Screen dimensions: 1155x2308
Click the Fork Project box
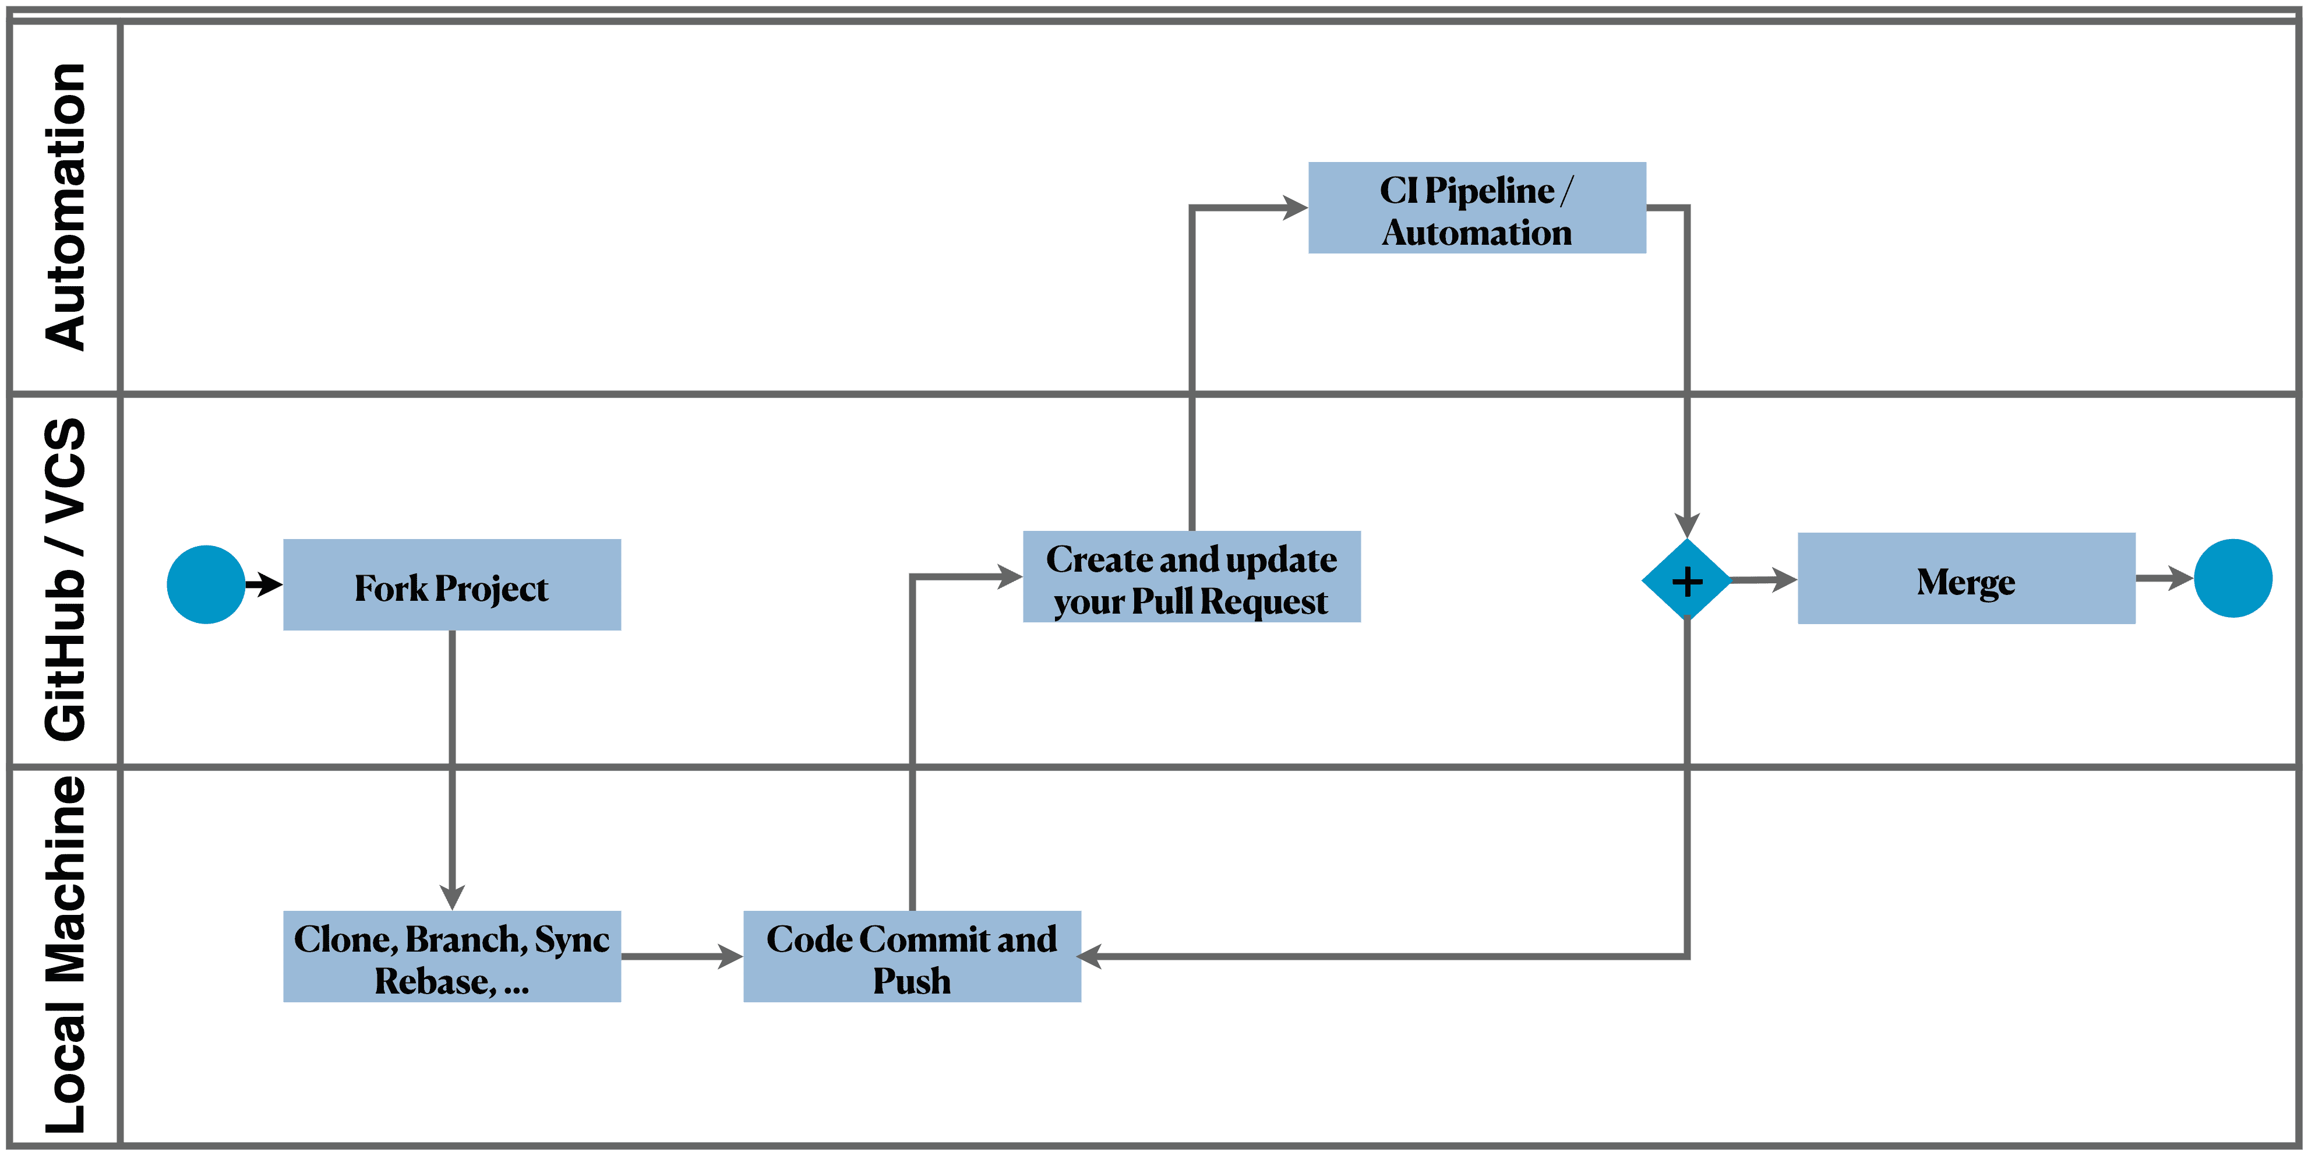[451, 585]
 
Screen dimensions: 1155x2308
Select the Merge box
[1965, 579]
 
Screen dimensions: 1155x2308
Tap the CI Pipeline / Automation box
[1477, 208]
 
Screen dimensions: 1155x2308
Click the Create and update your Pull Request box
[1192, 577]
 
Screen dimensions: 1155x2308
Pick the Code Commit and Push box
[912, 957]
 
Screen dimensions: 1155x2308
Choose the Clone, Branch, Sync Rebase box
[451, 957]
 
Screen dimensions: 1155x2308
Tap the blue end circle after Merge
[2233, 578]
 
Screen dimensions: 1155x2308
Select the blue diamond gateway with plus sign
[1686, 580]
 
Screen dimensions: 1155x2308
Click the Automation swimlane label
[65, 208]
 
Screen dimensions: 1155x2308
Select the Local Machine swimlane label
[65, 955]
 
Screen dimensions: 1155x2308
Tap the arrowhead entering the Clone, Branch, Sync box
[451, 896]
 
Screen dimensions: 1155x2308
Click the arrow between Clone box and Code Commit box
[681, 957]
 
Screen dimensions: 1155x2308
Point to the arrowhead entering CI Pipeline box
[1294, 208]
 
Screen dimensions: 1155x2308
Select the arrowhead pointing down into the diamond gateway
[1686, 525]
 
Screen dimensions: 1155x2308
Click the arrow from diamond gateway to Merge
[1763, 580]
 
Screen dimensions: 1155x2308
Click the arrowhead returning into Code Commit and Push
[1091, 957]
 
